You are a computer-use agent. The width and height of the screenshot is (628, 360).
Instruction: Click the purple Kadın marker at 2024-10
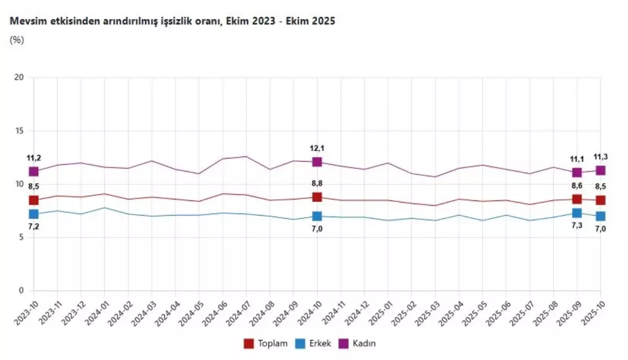tap(317, 162)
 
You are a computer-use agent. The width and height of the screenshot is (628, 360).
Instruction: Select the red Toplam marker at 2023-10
tap(34, 200)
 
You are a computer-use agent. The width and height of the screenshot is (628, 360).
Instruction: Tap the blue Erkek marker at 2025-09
tap(577, 213)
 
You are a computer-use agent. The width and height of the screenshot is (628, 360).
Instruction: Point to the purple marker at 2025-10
tap(600, 170)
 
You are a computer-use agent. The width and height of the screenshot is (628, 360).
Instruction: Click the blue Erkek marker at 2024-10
tap(317, 216)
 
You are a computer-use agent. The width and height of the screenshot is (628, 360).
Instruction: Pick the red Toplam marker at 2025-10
tap(600, 200)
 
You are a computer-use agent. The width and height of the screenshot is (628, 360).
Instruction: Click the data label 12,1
tap(317, 148)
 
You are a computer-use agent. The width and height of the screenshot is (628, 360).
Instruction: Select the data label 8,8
tap(317, 184)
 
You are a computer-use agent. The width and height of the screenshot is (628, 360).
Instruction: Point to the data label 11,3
tap(600, 156)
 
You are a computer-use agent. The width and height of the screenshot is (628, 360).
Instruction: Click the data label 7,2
tap(34, 227)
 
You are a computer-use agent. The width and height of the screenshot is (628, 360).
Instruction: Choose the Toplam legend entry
tap(266, 343)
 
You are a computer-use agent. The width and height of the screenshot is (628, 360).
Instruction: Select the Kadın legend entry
tap(361, 343)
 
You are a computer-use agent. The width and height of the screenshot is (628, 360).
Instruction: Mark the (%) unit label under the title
tap(17, 40)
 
